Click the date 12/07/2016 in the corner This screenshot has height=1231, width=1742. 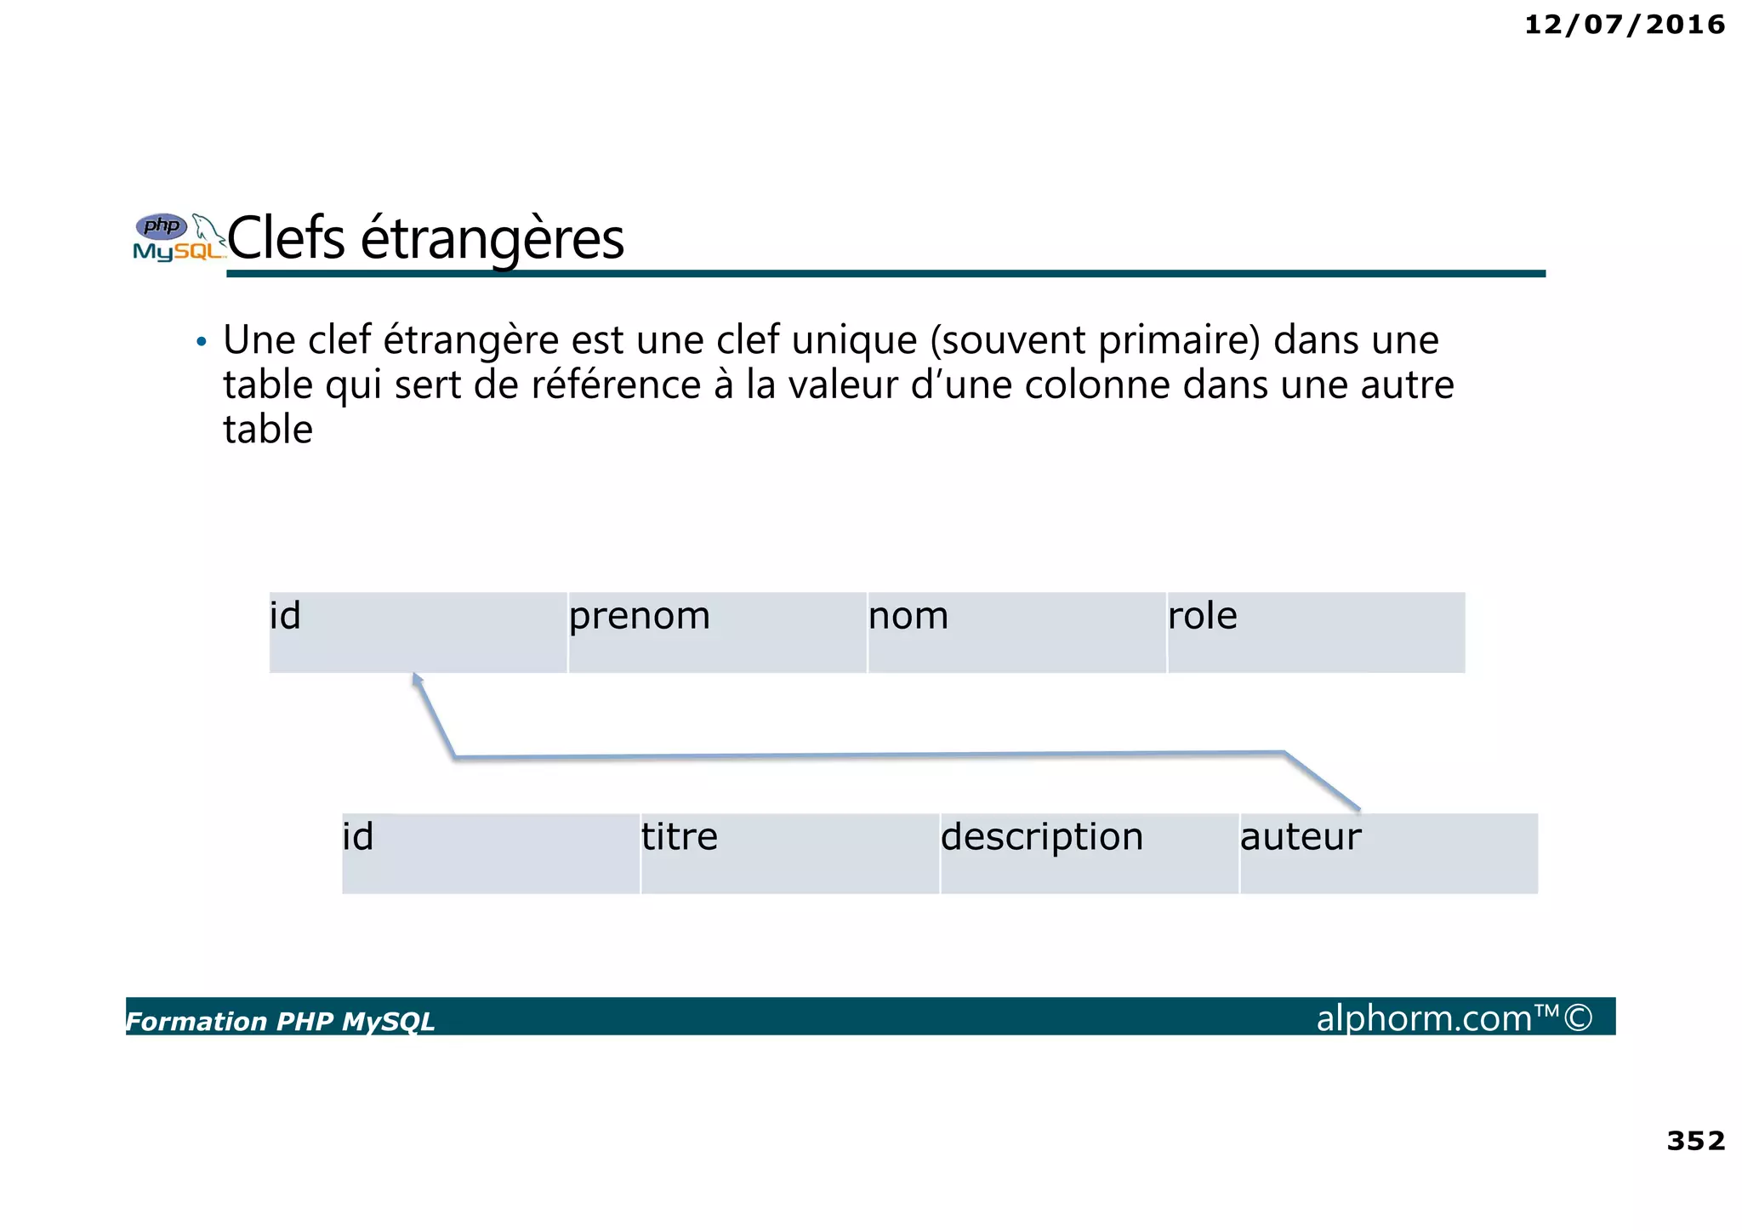pyautogui.click(x=1624, y=25)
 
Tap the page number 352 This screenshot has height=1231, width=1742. pyautogui.click(x=1695, y=1140)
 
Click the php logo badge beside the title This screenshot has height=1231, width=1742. pyautogui.click(x=162, y=226)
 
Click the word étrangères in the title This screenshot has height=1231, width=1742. pyautogui.click(x=492, y=240)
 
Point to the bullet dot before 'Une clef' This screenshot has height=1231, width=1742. pyautogui.click(x=201, y=342)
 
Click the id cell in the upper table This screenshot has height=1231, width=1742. pyautogui.click(x=418, y=632)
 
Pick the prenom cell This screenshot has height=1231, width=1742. pyautogui.click(x=717, y=632)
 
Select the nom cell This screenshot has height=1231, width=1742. pyautogui.click(x=1016, y=632)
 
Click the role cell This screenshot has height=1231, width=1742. pyautogui.click(x=1316, y=632)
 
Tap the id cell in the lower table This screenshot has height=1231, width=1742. pyautogui.click(x=491, y=853)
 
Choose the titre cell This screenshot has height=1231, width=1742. pyautogui.click(x=790, y=853)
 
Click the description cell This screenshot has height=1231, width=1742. pyautogui.click(x=1090, y=853)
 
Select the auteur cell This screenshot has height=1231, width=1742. pyautogui.click(x=1388, y=853)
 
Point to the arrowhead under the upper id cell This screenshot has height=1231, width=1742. pyautogui.click(x=417, y=678)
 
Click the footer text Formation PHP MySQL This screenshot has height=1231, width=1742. pyautogui.click(x=280, y=1021)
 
